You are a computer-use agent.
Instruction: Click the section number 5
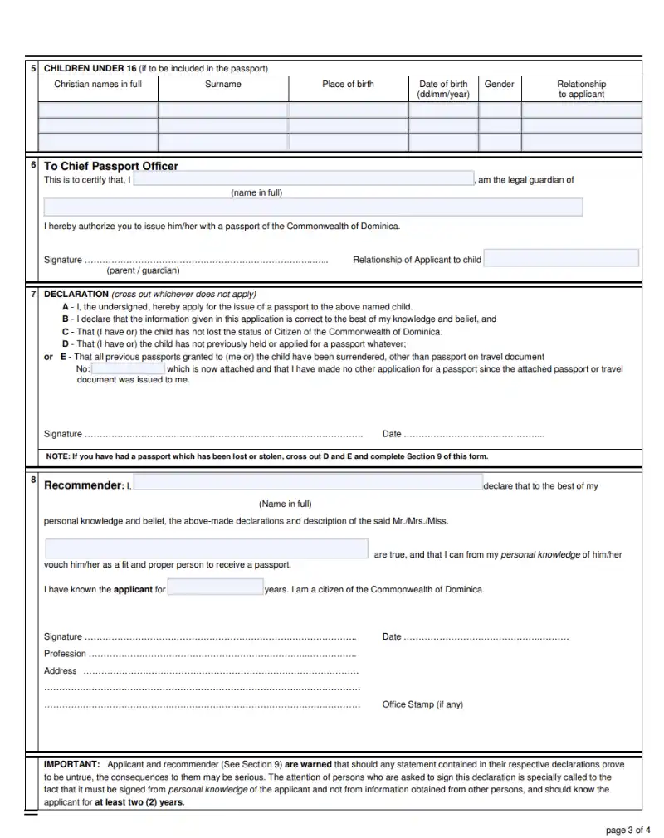click(33, 68)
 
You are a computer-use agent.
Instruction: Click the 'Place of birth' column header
click(348, 85)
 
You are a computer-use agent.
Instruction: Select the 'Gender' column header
click(499, 85)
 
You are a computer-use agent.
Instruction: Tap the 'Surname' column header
click(223, 85)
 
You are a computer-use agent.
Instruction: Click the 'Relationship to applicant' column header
click(581, 89)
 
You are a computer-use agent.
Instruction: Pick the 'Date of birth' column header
click(443, 89)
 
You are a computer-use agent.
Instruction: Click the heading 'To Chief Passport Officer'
click(110, 166)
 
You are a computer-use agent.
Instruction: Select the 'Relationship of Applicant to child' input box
click(561, 258)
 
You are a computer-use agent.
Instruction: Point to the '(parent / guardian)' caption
click(143, 270)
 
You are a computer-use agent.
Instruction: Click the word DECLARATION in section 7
click(76, 295)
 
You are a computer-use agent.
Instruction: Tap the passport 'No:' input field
click(128, 369)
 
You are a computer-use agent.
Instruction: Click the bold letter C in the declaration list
click(65, 331)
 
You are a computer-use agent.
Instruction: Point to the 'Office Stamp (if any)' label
click(422, 704)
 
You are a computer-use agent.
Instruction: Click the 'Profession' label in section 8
click(65, 654)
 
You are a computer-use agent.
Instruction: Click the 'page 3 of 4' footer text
click(629, 830)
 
